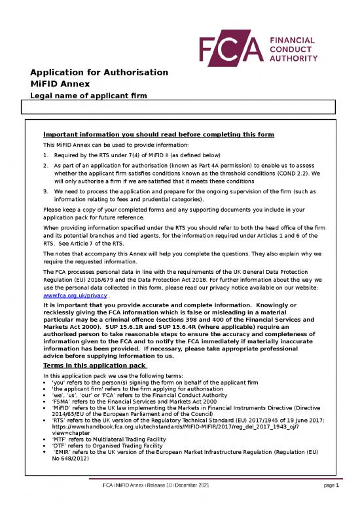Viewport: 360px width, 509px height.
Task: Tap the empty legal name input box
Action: pos(179,108)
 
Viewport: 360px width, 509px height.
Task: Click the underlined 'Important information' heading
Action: pos(158,135)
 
